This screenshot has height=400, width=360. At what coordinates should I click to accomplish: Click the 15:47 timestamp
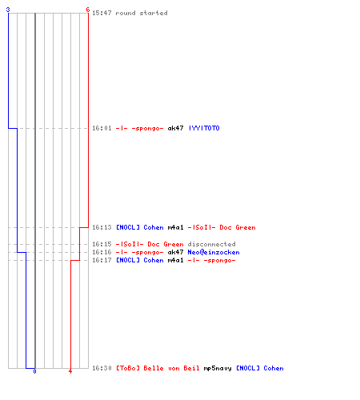coord(102,13)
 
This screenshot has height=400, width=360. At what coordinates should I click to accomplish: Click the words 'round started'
coord(142,13)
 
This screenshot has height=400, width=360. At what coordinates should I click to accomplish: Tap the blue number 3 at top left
coord(8,10)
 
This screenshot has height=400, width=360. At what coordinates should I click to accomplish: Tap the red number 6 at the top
coord(88,10)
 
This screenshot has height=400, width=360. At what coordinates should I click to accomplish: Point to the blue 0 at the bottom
coord(34,371)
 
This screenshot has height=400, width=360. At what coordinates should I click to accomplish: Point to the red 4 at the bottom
coord(70,371)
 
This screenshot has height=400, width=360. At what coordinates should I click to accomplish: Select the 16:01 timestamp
coord(102,128)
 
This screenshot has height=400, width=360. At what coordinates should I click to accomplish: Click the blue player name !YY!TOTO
coord(204,128)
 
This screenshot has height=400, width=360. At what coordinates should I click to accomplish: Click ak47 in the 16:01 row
coord(175,128)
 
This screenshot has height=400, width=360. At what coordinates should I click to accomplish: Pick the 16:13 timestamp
coord(102,227)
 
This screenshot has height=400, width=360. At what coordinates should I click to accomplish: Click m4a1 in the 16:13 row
coord(175,227)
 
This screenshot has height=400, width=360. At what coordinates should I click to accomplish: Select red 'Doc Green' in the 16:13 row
coord(238,227)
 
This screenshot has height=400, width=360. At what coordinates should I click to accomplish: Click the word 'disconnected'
coord(211,244)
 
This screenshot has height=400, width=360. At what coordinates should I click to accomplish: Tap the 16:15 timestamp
coord(102,244)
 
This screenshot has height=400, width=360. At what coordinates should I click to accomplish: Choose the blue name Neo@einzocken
coord(214,252)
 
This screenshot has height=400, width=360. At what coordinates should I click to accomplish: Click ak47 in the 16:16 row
coord(175,252)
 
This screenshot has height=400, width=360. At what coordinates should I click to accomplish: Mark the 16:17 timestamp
coord(102,260)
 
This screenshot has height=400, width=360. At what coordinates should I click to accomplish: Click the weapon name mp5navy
coord(218,368)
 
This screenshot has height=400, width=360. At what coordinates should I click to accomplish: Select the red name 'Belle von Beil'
coord(171,368)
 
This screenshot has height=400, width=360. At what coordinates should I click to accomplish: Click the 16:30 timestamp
coord(102,368)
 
